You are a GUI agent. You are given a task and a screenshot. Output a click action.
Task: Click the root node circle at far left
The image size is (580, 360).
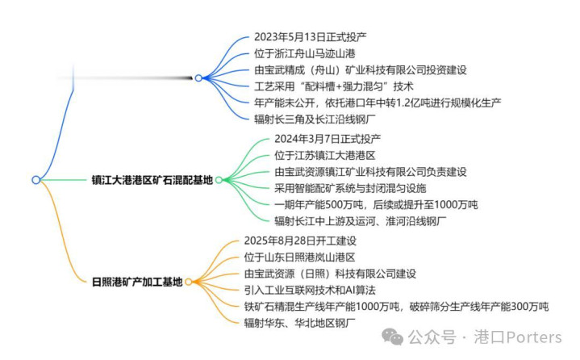coord(35,180)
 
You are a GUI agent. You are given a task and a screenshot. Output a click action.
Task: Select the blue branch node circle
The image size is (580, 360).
coord(198,78)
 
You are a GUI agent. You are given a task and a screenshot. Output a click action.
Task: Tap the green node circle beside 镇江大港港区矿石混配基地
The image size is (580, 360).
coord(219,180)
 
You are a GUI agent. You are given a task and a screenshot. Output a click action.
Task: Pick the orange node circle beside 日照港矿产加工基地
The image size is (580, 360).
coord(188,282)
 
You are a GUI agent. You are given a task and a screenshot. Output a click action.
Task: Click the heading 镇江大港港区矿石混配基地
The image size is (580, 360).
coord(152,180)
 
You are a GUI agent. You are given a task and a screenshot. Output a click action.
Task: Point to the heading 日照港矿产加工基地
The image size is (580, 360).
coord(137,282)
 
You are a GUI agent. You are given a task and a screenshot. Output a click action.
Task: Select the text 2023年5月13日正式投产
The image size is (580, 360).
coord(310,37)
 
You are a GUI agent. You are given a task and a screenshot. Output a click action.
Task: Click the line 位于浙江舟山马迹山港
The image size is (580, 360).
coord(304,53)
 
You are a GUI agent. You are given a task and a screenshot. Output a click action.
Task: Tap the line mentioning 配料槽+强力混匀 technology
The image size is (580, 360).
coord(334,86)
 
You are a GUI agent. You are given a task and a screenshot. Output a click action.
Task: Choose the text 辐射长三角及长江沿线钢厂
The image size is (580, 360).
coord(315,119)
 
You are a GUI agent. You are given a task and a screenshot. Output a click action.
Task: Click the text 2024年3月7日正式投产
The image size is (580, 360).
coord(328,139)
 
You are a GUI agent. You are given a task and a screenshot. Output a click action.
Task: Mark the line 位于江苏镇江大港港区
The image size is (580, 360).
coord(325,156)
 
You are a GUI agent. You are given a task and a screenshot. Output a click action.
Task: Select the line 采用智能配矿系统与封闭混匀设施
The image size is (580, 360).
coord(350,188)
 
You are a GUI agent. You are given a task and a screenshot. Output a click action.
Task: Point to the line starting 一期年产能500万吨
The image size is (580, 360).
coord(376,204)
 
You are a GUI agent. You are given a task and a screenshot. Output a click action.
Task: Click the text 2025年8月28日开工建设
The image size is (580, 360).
coord(300,241)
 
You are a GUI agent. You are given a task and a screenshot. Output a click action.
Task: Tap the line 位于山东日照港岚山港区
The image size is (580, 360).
coord(299,257)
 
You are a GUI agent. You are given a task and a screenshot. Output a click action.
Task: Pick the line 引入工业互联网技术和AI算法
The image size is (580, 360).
coord(310,290)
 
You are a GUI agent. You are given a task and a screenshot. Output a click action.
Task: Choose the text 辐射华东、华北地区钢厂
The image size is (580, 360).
coord(299,323)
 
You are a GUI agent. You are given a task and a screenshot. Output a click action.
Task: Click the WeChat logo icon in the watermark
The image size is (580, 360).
coord(393,337)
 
